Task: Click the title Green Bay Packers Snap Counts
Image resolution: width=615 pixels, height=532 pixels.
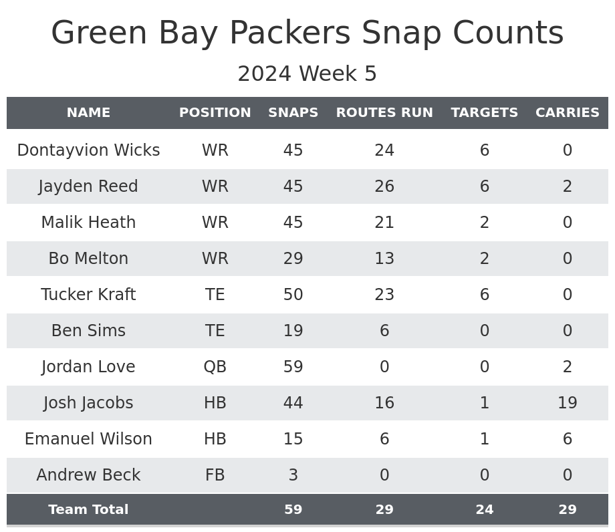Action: point(307,33)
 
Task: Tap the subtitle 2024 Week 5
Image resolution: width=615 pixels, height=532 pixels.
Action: point(307,74)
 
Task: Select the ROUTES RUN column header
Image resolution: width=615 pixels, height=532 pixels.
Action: point(384,113)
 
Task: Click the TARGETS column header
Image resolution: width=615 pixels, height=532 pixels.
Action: point(484,113)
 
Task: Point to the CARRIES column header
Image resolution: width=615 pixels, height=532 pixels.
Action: point(567,113)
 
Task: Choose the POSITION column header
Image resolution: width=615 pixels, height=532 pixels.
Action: point(215,113)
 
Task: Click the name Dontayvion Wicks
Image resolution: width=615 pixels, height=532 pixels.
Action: point(88,150)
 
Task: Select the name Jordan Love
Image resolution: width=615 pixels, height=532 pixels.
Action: point(88,367)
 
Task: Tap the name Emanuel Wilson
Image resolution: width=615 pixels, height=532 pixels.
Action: point(88,439)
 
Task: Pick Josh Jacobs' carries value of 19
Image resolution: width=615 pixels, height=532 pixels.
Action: point(567,403)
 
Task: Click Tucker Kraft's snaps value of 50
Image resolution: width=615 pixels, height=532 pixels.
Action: point(293,295)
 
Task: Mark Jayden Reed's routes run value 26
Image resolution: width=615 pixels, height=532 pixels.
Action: point(384,186)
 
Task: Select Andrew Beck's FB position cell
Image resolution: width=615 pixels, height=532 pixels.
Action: point(215,475)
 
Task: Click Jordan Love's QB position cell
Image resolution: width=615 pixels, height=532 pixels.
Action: point(215,367)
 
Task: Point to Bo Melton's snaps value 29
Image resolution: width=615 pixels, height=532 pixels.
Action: point(293,259)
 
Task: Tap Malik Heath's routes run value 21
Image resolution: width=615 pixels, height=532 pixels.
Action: point(384,223)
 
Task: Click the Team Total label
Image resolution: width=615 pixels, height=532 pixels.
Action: point(88,510)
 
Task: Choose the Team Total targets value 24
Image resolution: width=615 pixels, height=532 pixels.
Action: point(484,510)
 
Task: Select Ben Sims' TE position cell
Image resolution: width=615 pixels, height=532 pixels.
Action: point(215,331)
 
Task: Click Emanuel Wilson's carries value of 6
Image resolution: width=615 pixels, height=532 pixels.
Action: point(567,439)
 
